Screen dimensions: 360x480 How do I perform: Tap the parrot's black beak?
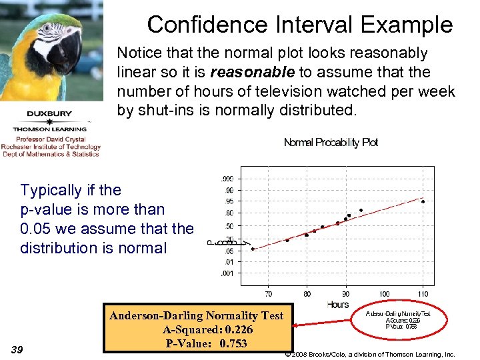[x=71, y=53]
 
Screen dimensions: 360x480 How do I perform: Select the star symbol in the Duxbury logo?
[x=50, y=121]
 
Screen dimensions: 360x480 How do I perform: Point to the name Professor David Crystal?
[x=51, y=140]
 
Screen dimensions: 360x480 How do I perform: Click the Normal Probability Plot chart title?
[x=331, y=143]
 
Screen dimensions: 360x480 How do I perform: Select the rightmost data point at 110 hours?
[x=423, y=201]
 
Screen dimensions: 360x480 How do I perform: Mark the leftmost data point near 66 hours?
[x=253, y=249]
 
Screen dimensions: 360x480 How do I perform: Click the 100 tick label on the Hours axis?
[x=384, y=294]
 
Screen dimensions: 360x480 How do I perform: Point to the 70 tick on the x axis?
[x=268, y=294]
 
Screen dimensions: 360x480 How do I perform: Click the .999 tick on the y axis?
[x=227, y=178]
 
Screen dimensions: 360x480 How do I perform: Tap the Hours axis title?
[x=338, y=305]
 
